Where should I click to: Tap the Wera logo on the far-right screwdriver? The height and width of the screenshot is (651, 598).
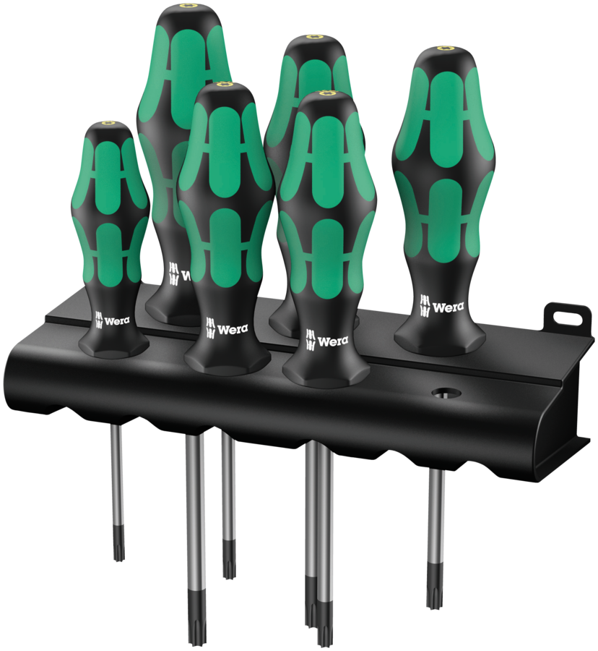[x=441, y=307]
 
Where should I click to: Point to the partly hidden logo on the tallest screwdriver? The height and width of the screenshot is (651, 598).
[x=180, y=274]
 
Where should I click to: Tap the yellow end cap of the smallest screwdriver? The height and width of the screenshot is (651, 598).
[x=110, y=123]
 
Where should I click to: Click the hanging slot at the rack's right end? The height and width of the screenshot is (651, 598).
[x=568, y=317]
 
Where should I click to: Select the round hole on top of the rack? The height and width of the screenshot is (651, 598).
[x=446, y=392]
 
